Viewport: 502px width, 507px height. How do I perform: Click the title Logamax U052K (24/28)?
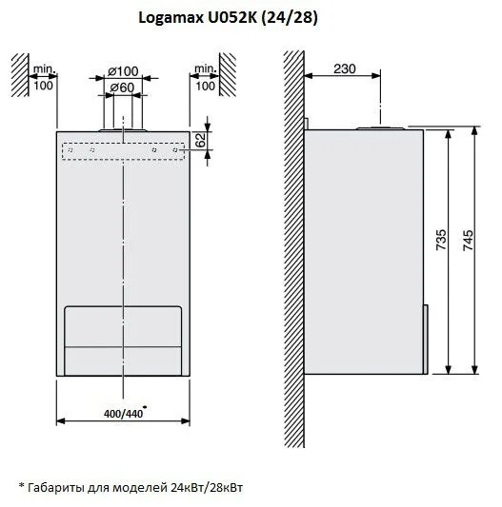click(x=229, y=18)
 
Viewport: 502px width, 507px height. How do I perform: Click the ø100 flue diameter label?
click(x=123, y=71)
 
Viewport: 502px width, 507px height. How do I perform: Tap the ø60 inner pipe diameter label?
click(x=122, y=88)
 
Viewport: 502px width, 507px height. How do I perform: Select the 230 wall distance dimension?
click(x=344, y=68)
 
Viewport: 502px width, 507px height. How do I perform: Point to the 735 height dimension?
click(x=441, y=240)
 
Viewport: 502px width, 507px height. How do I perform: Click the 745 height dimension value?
click(x=468, y=241)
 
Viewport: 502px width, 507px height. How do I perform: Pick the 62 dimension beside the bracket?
click(x=200, y=140)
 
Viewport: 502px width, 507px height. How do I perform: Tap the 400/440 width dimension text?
click(x=123, y=414)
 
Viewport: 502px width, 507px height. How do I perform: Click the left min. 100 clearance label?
click(x=44, y=77)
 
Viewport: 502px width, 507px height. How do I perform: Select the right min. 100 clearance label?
click(x=205, y=78)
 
